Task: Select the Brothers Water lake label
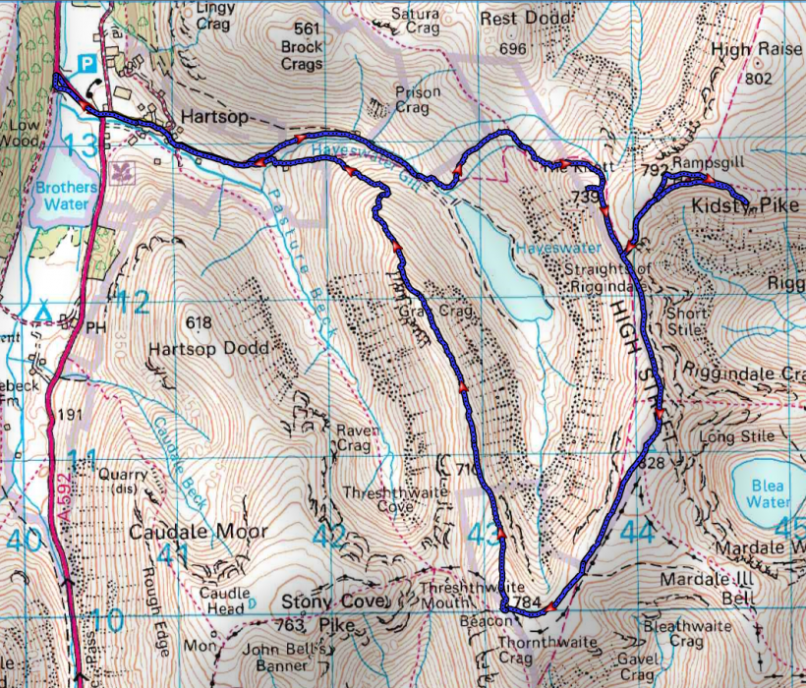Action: coord(64,196)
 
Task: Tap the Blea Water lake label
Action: coord(768,493)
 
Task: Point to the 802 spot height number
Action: coord(760,78)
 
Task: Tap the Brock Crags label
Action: coord(301,55)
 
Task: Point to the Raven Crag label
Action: coord(353,437)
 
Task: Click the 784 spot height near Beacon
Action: coord(527,602)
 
